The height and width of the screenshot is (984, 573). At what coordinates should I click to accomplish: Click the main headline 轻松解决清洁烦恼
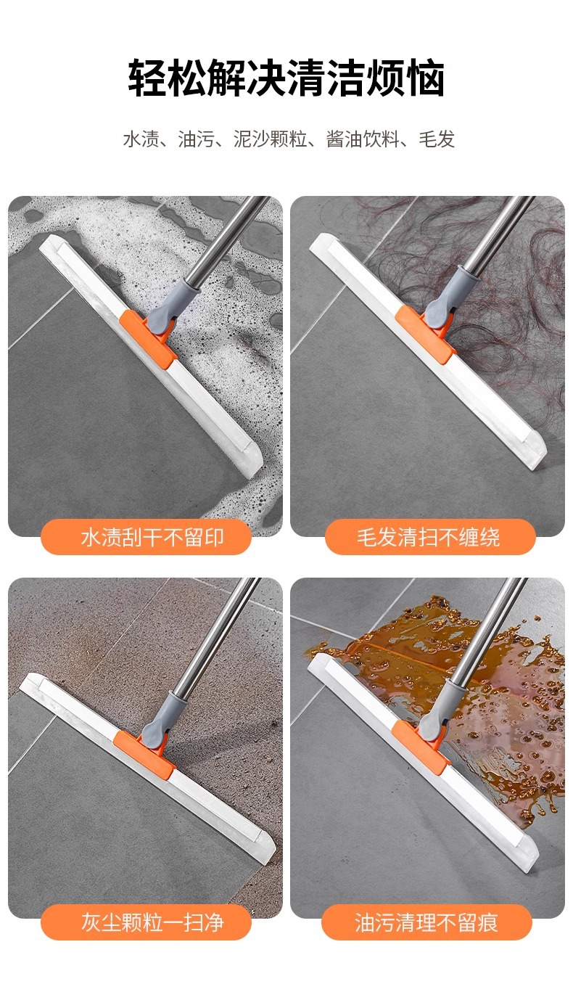(x=286, y=78)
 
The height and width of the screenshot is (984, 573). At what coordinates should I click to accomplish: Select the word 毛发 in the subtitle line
(x=437, y=139)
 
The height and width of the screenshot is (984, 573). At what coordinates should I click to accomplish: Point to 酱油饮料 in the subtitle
(x=363, y=139)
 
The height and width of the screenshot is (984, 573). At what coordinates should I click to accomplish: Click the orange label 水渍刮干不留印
(x=147, y=537)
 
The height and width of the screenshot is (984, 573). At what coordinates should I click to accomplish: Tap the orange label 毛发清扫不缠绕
(x=430, y=537)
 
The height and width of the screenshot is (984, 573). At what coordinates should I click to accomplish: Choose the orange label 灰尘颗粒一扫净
(x=147, y=922)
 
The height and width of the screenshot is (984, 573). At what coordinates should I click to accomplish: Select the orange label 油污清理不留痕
(x=426, y=922)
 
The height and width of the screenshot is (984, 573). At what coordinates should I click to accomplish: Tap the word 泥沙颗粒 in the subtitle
(x=270, y=139)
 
